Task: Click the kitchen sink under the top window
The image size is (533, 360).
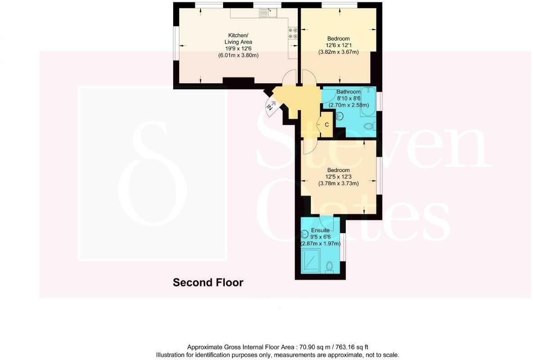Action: point(269,13)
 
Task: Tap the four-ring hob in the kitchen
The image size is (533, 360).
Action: point(293,33)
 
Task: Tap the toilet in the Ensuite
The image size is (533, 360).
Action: point(330,267)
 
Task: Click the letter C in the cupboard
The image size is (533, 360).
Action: point(327,125)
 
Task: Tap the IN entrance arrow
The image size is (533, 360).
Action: point(271,107)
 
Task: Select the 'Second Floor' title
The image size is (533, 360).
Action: point(208,283)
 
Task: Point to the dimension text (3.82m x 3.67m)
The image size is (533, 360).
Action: point(338,52)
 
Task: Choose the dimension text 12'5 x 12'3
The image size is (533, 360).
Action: point(338,177)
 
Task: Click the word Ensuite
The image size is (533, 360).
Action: point(320,230)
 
